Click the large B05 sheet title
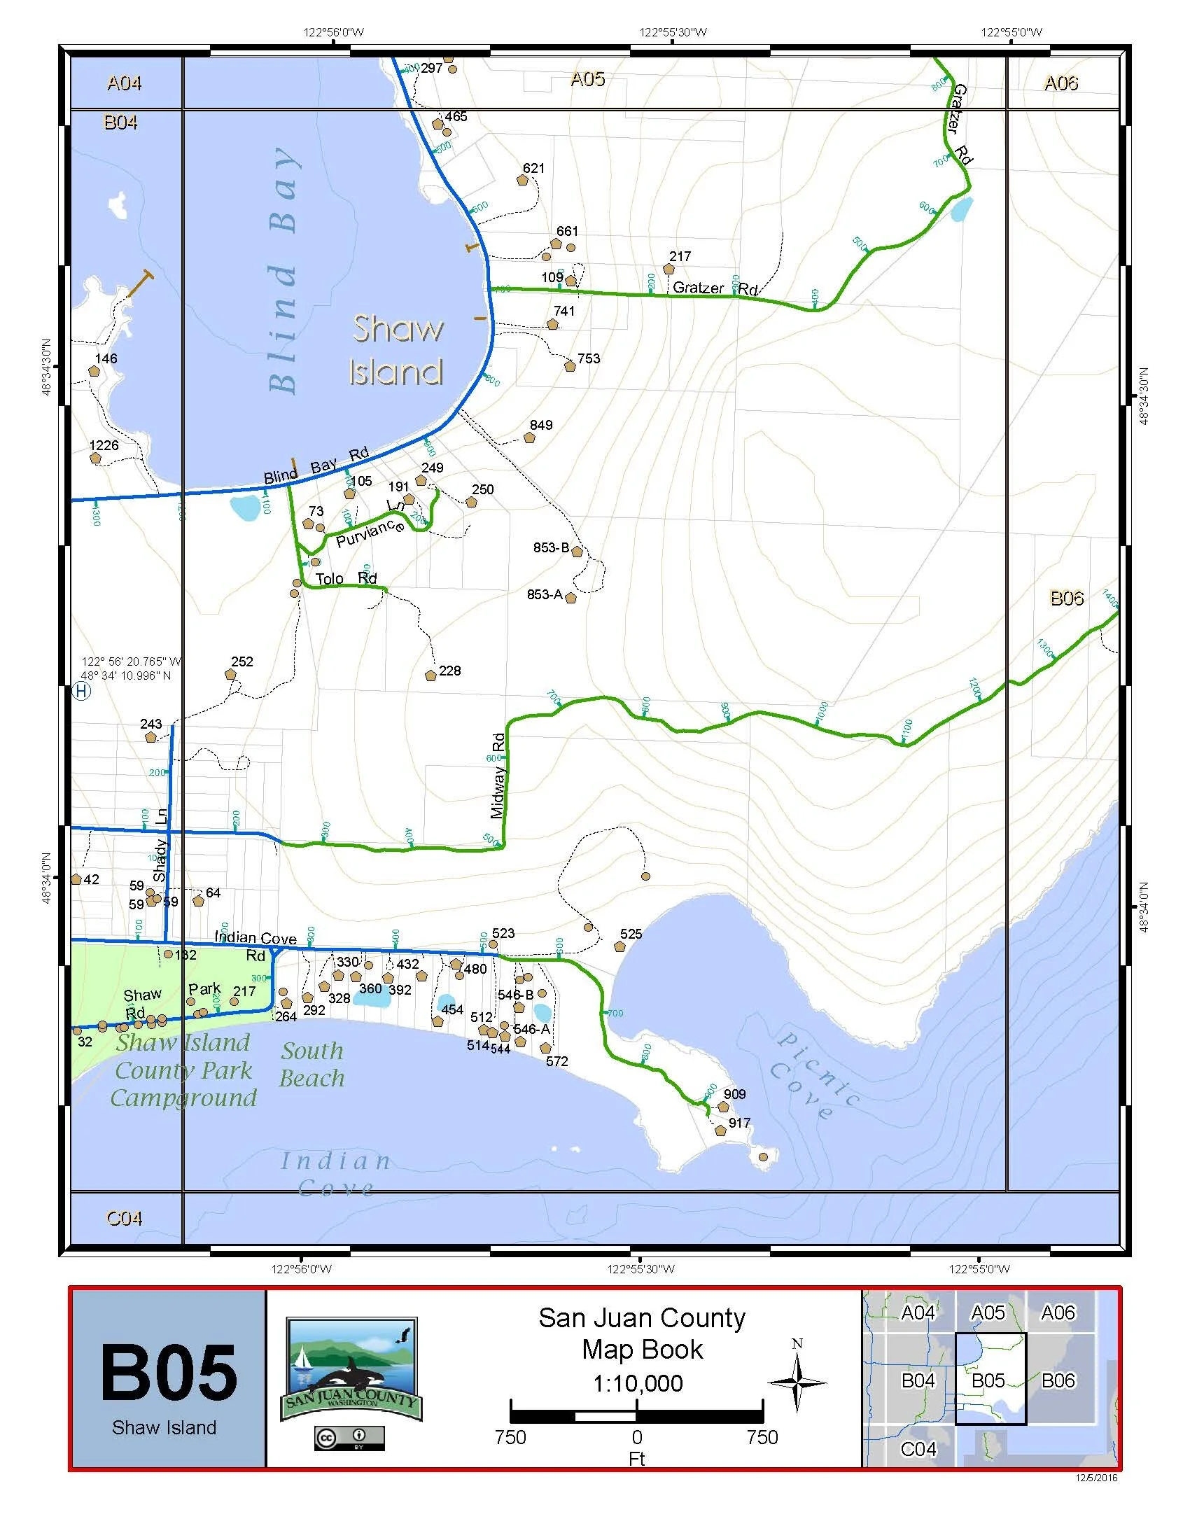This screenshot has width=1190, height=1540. pyautogui.click(x=169, y=1373)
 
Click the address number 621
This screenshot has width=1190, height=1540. pyautogui.click(x=533, y=168)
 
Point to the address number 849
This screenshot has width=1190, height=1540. pyautogui.click(x=540, y=425)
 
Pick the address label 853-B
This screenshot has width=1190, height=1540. pyautogui.click(x=552, y=547)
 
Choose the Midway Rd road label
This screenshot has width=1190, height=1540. pyautogui.click(x=498, y=776)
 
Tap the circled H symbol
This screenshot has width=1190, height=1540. pyautogui.click(x=82, y=691)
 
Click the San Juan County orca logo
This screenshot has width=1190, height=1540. pyautogui.click(x=351, y=1370)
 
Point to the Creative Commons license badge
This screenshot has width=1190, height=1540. pyautogui.click(x=350, y=1438)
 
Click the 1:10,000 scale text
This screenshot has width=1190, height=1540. pyautogui.click(x=638, y=1383)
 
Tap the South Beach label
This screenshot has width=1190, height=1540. pyautogui.click(x=311, y=1065)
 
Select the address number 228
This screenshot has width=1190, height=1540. pyautogui.click(x=450, y=671)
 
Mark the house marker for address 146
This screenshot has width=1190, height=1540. pyautogui.click(x=94, y=371)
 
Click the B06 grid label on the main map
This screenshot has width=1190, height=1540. pyautogui.click(x=1067, y=598)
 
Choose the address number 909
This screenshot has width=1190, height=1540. pyautogui.click(x=734, y=1094)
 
